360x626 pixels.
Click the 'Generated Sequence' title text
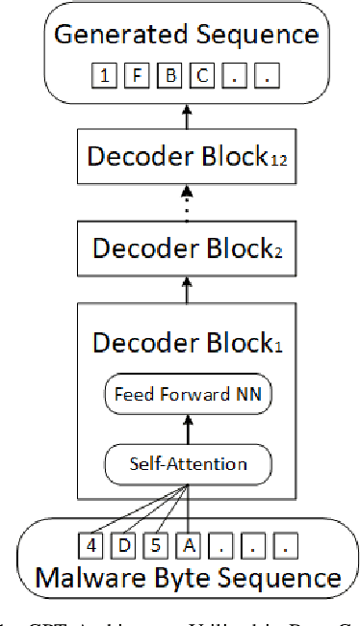pyautogui.click(x=186, y=35)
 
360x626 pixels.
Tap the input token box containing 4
pyautogui.click(x=90, y=546)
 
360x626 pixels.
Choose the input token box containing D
pyautogui.click(x=123, y=546)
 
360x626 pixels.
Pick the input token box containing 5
pyautogui.click(x=156, y=546)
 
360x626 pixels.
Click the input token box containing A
pyautogui.click(x=189, y=546)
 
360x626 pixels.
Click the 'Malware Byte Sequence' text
pyautogui.click(x=188, y=578)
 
